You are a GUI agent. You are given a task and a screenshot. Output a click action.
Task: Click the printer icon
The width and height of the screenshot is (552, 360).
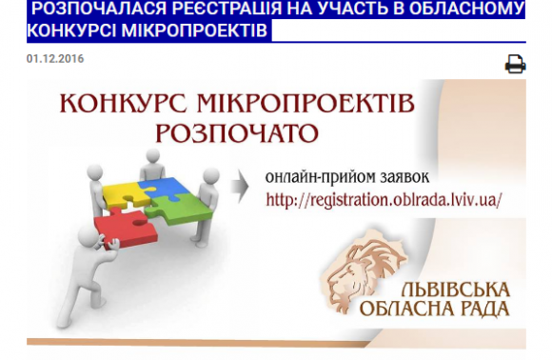516,64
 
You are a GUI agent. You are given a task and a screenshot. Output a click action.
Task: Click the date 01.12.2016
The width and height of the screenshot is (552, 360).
55,58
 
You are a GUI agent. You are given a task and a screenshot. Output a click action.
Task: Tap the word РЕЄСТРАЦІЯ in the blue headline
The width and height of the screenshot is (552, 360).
227,9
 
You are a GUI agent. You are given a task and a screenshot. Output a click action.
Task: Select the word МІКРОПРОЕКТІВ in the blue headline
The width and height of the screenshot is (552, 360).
195,30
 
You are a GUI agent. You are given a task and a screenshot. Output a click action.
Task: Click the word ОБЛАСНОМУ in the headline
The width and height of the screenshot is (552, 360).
467,9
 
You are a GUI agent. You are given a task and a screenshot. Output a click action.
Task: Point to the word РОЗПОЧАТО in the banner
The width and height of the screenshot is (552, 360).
237,133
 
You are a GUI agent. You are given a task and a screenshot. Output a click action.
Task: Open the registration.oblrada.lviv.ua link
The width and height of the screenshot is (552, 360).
384,200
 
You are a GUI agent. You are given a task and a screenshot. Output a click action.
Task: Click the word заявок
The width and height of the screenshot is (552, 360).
404,177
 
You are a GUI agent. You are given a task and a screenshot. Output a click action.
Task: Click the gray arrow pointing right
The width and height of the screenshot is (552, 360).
240,187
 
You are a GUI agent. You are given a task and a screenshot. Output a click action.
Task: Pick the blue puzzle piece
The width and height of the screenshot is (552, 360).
165,189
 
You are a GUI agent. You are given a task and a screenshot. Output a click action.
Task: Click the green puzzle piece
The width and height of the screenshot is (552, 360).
180,210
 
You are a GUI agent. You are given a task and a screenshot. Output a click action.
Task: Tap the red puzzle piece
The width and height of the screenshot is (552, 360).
126,228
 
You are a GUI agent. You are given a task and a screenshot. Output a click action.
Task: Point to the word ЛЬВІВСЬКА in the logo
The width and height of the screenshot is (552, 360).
456,290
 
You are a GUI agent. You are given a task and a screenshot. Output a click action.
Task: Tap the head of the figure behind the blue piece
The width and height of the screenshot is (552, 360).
153,156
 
